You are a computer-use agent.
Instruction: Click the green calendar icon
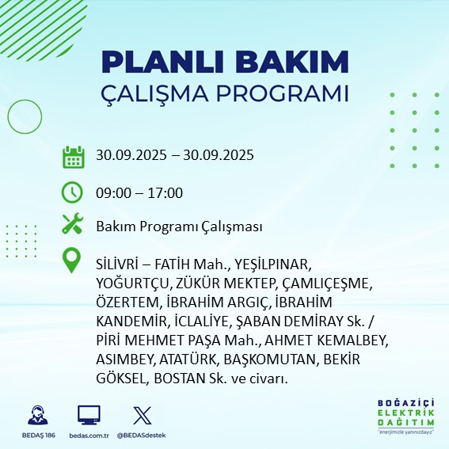point(73,156)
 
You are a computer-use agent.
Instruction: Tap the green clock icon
point(73,192)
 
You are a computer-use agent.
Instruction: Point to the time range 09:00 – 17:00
point(139,192)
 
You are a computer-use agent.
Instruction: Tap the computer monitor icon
point(88,415)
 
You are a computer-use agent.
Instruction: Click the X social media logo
point(141,414)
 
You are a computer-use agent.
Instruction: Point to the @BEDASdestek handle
point(141,436)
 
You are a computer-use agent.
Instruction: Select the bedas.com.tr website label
point(88,436)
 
